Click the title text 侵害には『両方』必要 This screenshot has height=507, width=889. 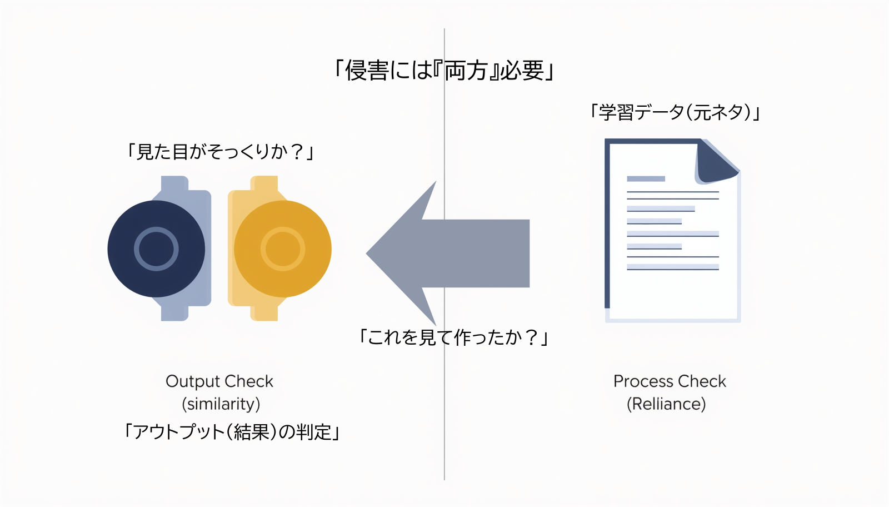pyautogui.click(x=444, y=71)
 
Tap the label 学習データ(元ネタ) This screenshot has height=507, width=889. pyautogui.click(x=675, y=112)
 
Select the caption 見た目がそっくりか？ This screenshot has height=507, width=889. pyautogui.click(x=221, y=151)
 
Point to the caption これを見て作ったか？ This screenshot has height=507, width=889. pyautogui.click(x=454, y=337)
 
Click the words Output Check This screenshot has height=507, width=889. pyautogui.click(x=219, y=381)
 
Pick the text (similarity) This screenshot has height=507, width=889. pyautogui.click(x=221, y=404)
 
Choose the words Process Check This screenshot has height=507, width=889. pyautogui.click(x=670, y=381)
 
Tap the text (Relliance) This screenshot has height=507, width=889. pyautogui.click(x=666, y=404)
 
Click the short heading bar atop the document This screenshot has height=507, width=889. pyautogui.click(x=646, y=179)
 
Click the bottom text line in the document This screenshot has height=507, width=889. pyautogui.click(x=672, y=268)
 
